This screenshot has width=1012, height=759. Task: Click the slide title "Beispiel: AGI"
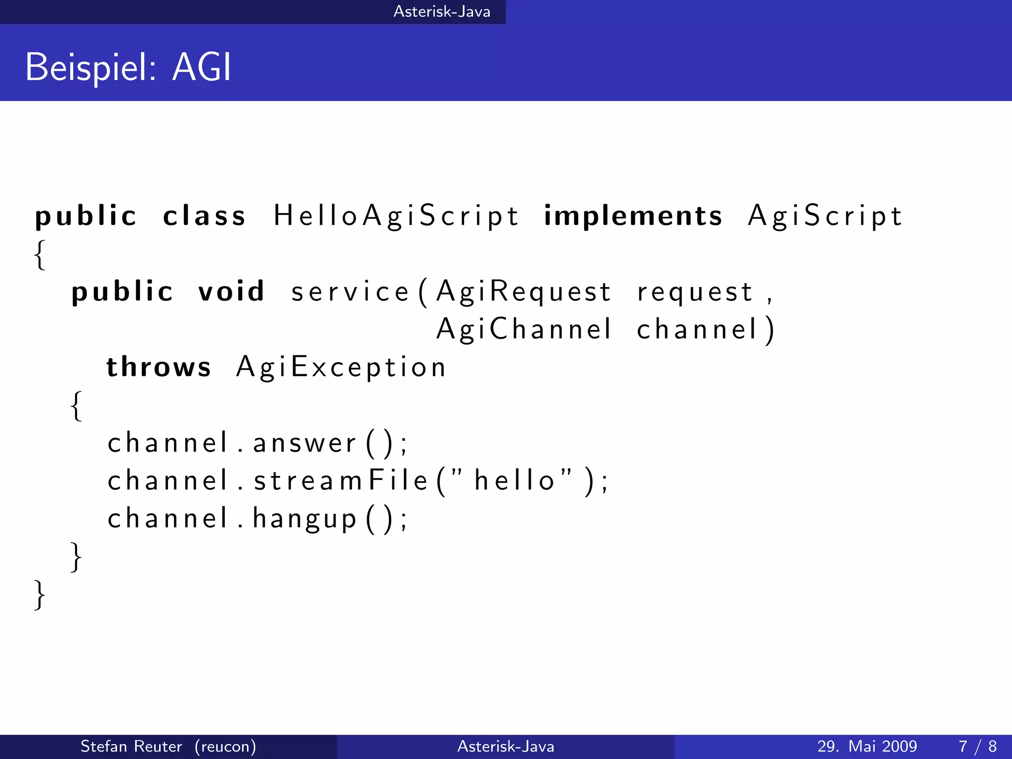point(128,67)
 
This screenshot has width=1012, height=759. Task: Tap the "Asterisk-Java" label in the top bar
point(442,11)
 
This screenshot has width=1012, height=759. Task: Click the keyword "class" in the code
point(204,216)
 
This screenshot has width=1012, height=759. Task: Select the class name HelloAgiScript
point(396,216)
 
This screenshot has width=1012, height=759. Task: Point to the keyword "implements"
point(632,216)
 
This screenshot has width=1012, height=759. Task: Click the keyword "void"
point(231,291)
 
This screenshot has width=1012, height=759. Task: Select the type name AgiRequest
point(524,291)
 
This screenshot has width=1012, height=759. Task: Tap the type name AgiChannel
point(524,329)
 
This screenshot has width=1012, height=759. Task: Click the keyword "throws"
point(159,367)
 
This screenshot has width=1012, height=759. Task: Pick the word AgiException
point(341,367)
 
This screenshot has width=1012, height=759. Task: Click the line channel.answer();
point(257,442)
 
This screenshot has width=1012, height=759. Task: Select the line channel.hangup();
point(257,518)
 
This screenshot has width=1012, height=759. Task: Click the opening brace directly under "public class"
point(40,254)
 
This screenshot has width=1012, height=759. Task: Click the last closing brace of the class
point(40,594)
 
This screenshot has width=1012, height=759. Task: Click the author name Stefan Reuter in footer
point(131,746)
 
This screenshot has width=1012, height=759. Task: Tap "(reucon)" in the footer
point(225,746)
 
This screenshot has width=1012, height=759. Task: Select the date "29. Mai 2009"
point(867,746)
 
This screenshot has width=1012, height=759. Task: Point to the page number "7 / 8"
point(977,746)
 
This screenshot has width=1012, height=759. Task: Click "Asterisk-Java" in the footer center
point(506,746)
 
